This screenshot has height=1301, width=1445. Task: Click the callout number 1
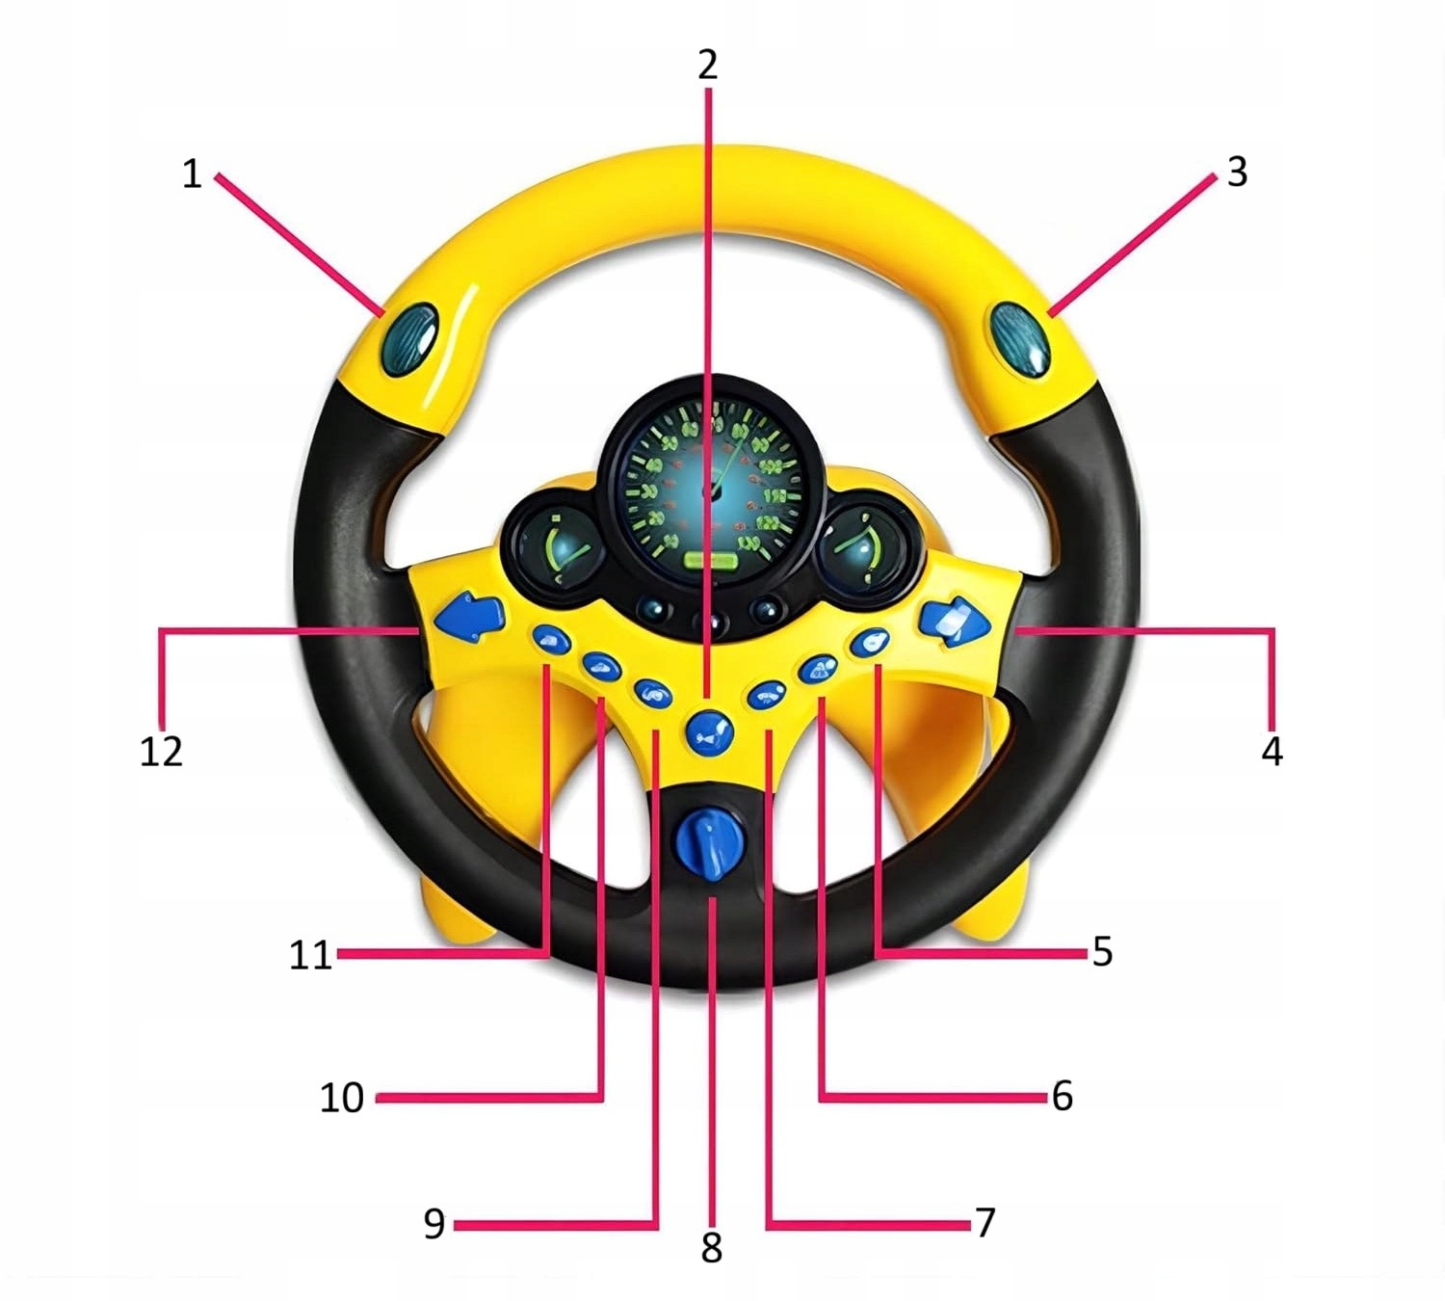(x=192, y=174)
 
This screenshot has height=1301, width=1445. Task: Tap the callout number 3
(x=1237, y=173)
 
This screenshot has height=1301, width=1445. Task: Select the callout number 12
(x=161, y=751)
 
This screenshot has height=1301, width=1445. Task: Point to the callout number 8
(x=711, y=1248)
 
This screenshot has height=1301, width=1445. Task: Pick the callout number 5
(x=1102, y=951)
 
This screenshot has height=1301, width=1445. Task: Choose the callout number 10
(x=342, y=1097)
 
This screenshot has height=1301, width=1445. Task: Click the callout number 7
(x=985, y=1222)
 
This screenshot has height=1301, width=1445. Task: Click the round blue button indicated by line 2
(x=710, y=732)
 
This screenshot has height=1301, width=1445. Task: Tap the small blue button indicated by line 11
(x=551, y=638)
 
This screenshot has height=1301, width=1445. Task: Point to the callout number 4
(x=1272, y=751)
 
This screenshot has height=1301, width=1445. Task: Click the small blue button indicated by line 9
(x=652, y=691)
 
